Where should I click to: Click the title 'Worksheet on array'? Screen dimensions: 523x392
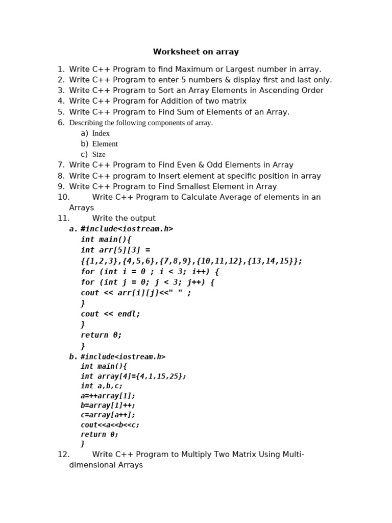[196, 52]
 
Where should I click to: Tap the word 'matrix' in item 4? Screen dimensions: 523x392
[234, 101]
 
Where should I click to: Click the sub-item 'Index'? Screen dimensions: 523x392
[101, 133]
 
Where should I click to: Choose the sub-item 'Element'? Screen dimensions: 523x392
[105, 144]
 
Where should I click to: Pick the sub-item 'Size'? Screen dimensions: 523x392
[99, 155]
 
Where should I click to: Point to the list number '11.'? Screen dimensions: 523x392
[63, 219]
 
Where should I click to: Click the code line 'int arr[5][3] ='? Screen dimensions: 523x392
[115, 250]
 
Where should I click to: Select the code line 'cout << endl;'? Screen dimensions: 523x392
[110, 314]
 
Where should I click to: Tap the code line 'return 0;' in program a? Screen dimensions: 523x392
[101, 336]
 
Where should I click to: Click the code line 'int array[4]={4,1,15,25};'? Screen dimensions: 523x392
[133, 376]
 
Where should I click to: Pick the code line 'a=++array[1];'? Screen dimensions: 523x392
[108, 396]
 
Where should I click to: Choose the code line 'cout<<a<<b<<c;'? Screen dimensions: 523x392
[110, 425]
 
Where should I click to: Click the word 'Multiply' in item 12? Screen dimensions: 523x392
[197, 455]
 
